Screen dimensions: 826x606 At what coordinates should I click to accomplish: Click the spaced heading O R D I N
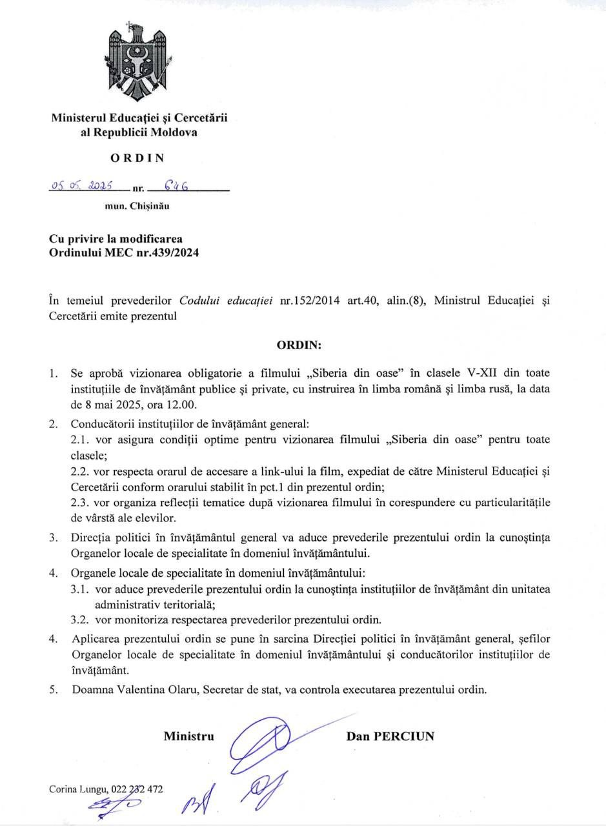point(137,157)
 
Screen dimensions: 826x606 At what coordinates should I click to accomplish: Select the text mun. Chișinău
point(137,206)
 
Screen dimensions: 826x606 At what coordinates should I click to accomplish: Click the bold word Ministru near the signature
point(188,736)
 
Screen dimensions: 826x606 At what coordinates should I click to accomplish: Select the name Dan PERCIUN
point(390,736)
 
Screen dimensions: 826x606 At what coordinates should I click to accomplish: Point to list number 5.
point(55,689)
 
